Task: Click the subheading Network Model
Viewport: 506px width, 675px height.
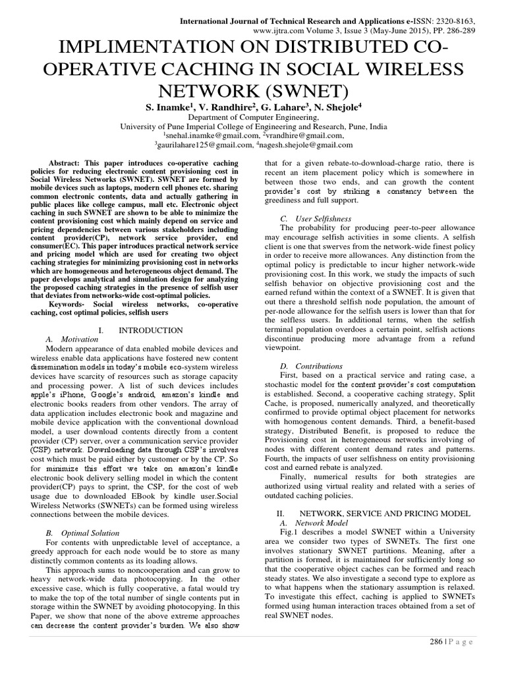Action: (x=315, y=522)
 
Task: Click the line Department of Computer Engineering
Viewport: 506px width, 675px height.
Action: (x=253, y=117)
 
